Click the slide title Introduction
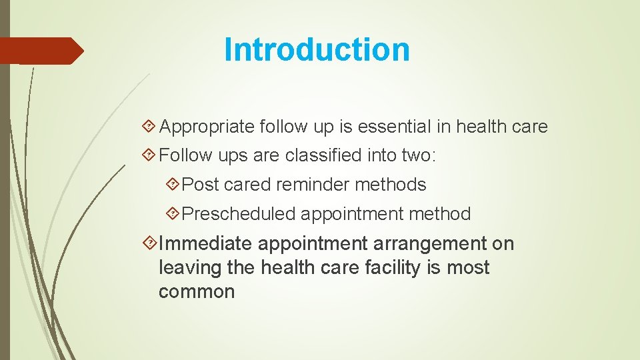point(317,49)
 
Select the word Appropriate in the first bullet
point(207,127)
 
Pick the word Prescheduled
point(238,214)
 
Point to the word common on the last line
point(197,292)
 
